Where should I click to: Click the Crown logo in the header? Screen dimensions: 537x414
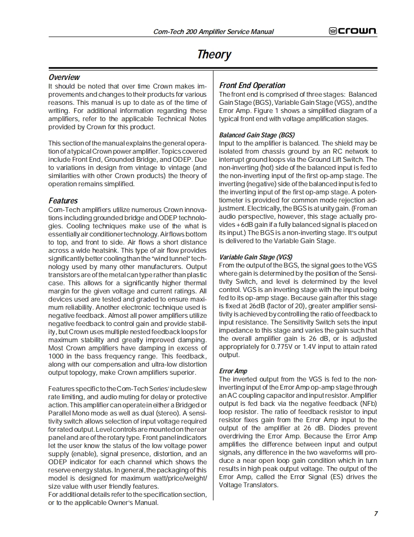pos(353,31)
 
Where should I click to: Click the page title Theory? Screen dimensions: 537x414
pos(214,54)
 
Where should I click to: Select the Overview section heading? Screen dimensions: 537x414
pos(64,77)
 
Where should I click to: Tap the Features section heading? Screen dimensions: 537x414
pos(63,201)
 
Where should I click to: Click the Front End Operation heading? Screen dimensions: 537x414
pos(252,85)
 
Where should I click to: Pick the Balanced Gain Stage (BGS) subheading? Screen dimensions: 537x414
pos(257,135)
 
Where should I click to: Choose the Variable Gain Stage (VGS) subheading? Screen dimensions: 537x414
pos(255,257)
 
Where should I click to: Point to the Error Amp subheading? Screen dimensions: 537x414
pos(233,371)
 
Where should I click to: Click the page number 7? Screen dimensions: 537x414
pos(376,514)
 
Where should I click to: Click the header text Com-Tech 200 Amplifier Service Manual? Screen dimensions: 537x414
pos(213,32)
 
